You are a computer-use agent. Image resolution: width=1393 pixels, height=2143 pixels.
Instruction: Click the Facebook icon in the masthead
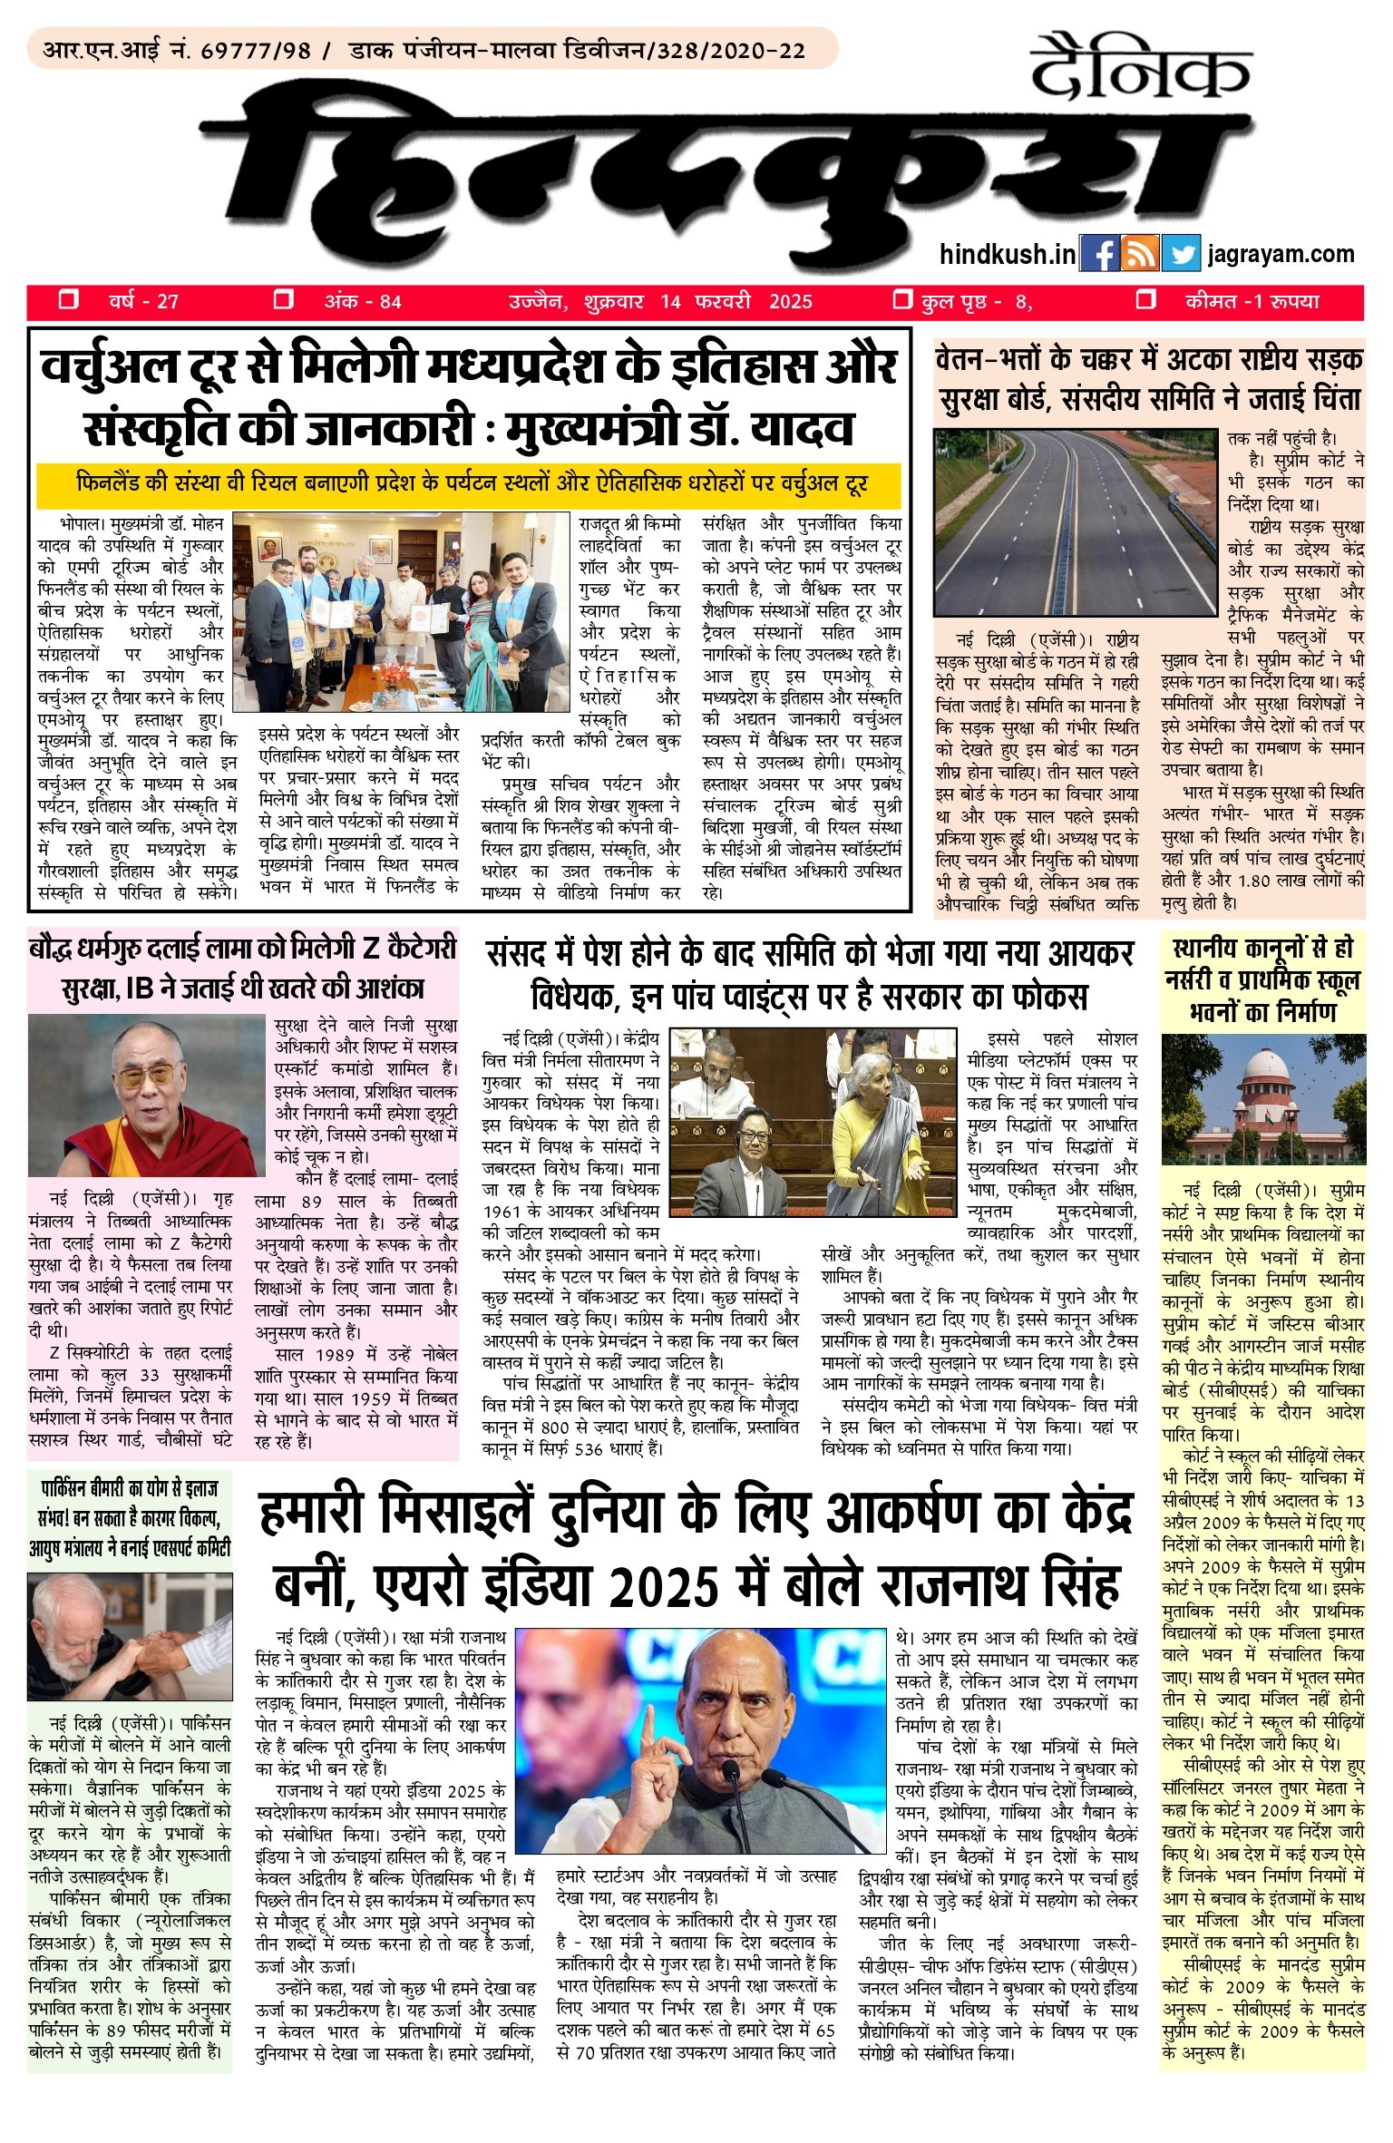pos(1100,254)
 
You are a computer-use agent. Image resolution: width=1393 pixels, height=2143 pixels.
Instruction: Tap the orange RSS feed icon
pos(1140,254)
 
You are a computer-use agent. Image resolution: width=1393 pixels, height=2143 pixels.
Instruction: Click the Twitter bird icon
pos(1180,254)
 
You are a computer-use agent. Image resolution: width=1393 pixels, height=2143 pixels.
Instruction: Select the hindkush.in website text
pos(1008,255)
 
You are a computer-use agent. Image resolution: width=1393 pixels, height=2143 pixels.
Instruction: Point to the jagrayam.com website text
pos(1281,255)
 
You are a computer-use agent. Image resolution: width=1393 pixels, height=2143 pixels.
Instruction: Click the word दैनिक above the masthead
pos(1140,68)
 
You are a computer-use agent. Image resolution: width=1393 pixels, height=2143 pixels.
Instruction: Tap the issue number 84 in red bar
pos(390,302)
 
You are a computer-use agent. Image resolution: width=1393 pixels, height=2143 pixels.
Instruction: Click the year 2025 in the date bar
pos(790,302)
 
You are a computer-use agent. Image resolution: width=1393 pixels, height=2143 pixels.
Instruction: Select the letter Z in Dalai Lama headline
pos(371,949)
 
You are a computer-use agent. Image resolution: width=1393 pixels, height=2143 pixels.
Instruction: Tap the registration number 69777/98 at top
pos(256,51)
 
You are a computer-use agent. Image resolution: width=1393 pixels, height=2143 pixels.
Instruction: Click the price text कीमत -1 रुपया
pos(1252,301)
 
